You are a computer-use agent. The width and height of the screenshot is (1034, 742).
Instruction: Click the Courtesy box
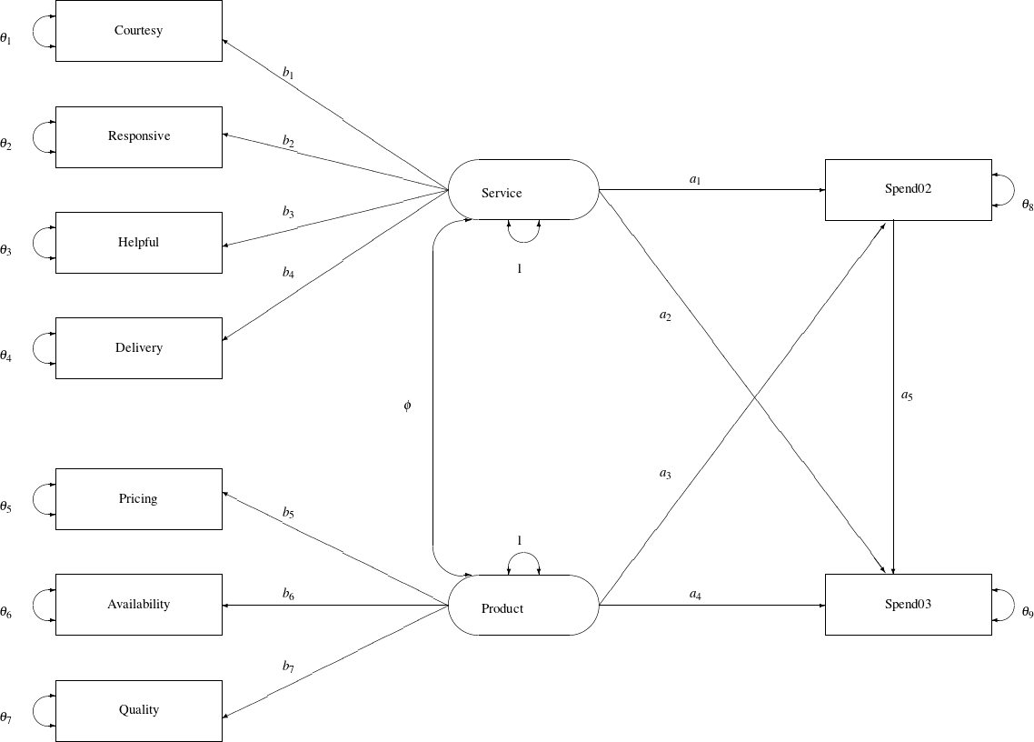138,31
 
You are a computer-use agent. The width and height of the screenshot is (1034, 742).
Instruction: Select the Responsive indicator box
138,136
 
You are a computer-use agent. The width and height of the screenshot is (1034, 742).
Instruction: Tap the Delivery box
138,348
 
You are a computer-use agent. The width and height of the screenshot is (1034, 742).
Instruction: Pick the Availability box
138,605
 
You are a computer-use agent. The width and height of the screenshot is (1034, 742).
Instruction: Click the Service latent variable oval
523,190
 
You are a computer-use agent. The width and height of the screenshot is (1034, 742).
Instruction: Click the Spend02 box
908,190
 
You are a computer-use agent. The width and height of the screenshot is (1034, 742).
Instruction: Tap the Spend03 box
908,605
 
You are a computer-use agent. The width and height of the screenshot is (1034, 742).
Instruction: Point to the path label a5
907,396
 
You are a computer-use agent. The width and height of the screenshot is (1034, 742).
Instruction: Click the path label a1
695,180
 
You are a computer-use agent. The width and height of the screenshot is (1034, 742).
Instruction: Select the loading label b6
288,595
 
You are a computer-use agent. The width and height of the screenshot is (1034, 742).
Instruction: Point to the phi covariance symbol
407,406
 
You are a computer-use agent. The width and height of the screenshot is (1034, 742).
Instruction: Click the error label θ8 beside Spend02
1028,206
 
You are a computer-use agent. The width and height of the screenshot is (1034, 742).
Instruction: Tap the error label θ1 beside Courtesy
6,39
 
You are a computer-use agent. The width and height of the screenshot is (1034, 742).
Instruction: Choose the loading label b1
288,73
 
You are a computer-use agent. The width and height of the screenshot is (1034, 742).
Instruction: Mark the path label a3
665,473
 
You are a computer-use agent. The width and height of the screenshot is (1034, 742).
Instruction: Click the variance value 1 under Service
519,269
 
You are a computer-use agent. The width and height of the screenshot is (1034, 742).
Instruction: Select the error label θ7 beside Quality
6,718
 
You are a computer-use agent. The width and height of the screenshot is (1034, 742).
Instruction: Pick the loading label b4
288,272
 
